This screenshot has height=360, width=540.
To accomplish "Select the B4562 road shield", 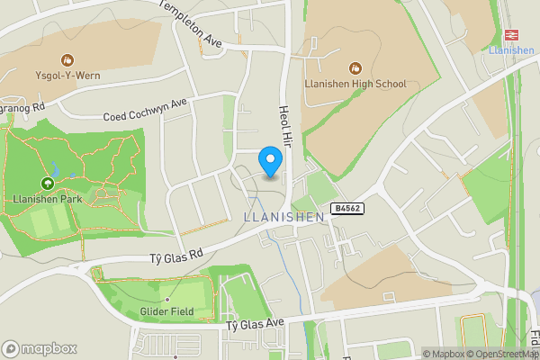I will [347, 209].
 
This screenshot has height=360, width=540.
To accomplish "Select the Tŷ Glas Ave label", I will [255, 323].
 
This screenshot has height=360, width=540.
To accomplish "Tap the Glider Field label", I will [166, 312].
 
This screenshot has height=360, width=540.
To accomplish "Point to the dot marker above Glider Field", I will [166, 298].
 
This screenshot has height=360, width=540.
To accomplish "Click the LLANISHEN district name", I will [284, 217].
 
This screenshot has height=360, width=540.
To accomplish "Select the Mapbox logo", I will [40, 348].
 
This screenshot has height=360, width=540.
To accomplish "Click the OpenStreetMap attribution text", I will [505, 354].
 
